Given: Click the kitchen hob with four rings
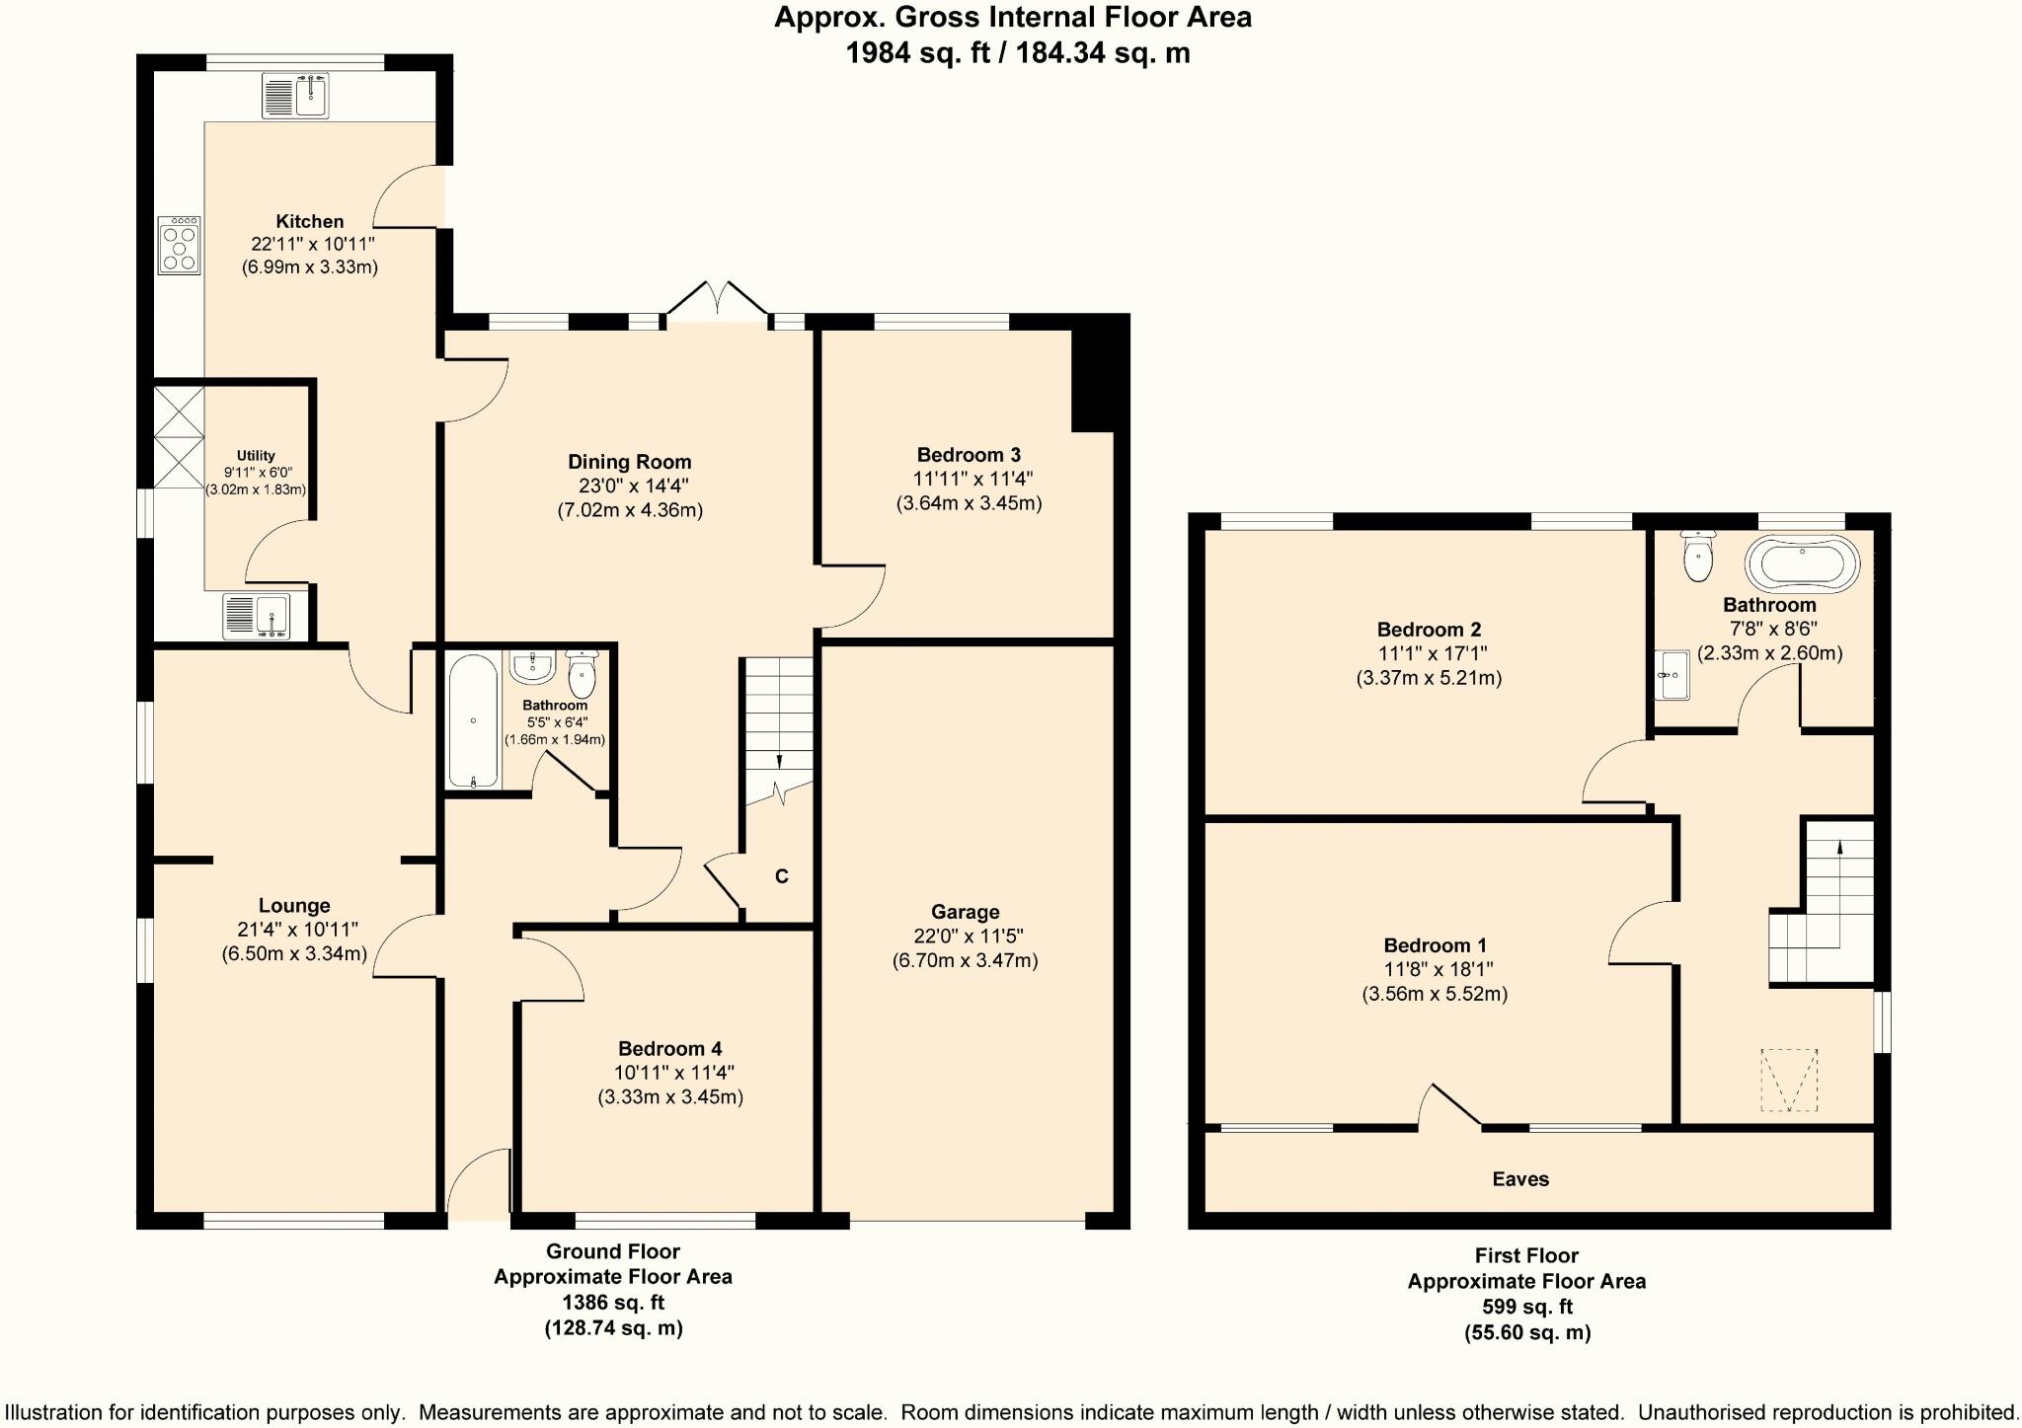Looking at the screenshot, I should pyautogui.click(x=180, y=246).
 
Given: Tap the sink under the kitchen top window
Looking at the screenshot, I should pyautogui.click(x=295, y=97).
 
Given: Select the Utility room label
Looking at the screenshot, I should pyautogui.click(x=256, y=455).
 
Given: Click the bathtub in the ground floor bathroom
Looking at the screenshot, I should pyautogui.click(x=474, y=720).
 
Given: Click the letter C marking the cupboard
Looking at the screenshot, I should pyautogui.click(x=781, y=876).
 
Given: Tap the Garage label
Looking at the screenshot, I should pyautogui.click(x=965, y=912).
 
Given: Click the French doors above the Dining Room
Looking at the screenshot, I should pyautogui.click(x=718, y=298).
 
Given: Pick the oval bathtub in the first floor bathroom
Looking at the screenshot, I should pyautogui.click(x=1802, y=564).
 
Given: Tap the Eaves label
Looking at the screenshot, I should pyautogui.click(x=1520, y=1178).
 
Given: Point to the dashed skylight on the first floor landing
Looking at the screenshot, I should pyautogui.click(x=1788, y=1080).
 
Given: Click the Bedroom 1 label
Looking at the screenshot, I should pyautogui.click(x=1435, y=945).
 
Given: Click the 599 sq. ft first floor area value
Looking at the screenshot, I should pyautogui.click(x=1526, y=1307).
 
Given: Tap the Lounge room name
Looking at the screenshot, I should pyautogui.click(x=294, y=905).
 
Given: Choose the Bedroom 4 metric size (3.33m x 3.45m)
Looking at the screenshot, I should pyautogui.click(x=670, y=1096).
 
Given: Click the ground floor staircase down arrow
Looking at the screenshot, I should pyautogui.click(x=779, y=761).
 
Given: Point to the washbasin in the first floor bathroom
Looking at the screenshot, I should pyautogui.click(x=1672, y=675).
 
